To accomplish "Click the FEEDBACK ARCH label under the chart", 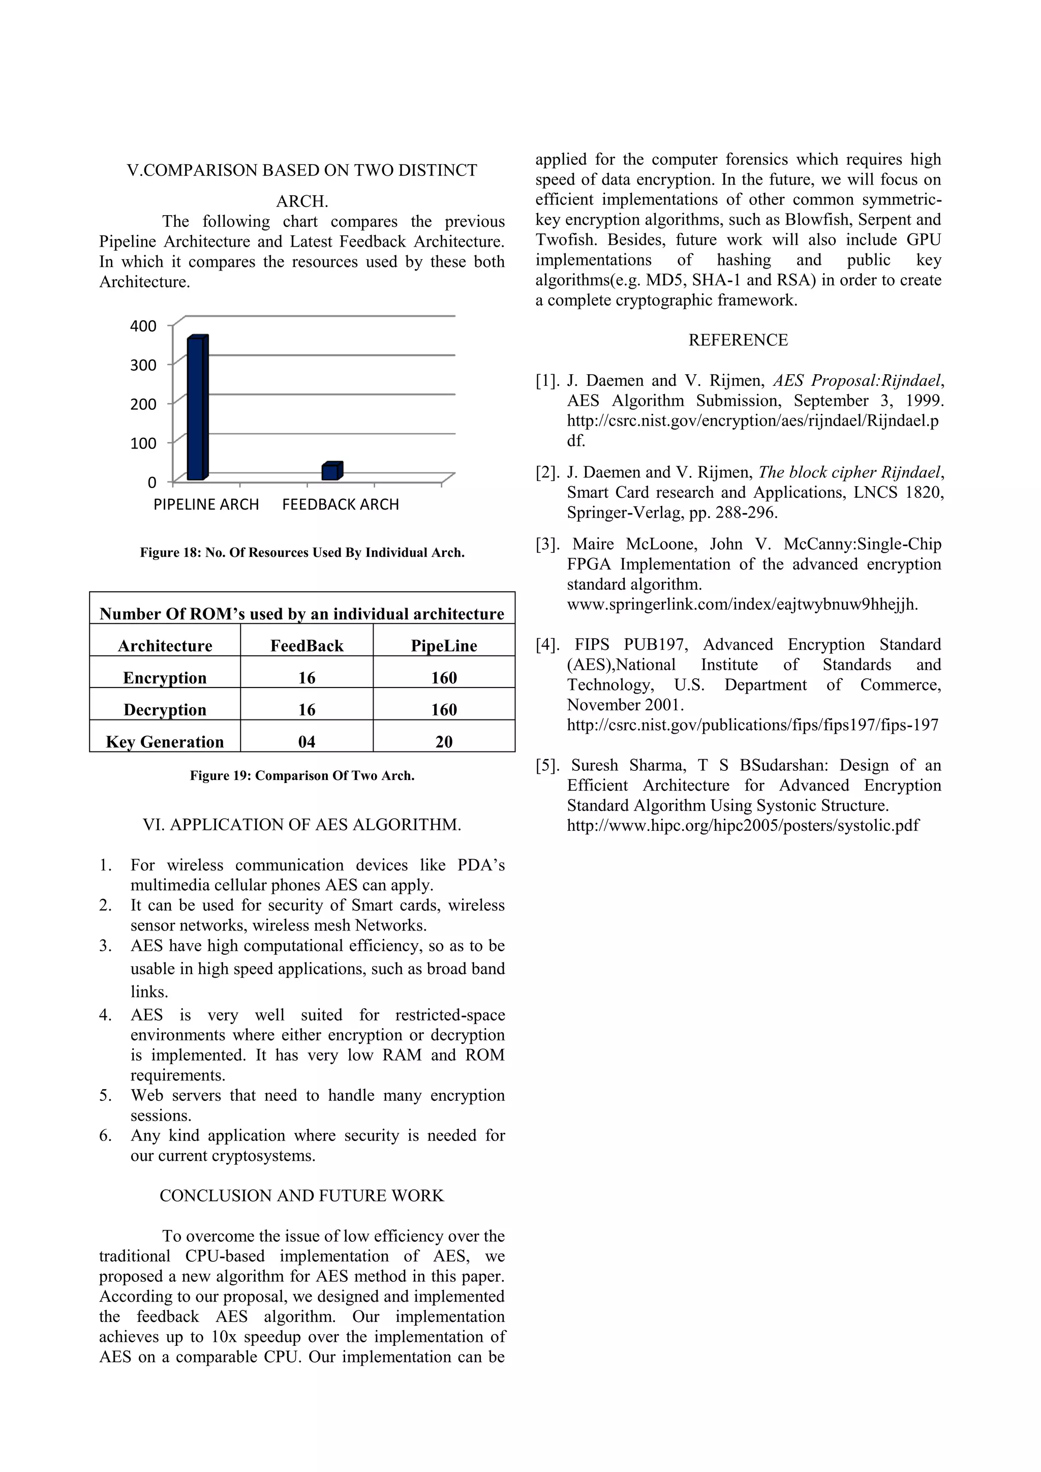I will (341, 504).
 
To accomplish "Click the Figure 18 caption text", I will (302, 553).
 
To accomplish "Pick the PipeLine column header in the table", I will (444, 646).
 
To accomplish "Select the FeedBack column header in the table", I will (307, 646).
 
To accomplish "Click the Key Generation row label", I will (165, 742).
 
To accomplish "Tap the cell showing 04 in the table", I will (307, 742).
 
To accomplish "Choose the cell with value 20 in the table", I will (444, 742).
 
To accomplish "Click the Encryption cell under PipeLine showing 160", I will (444, 678).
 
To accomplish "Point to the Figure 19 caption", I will (302, 776).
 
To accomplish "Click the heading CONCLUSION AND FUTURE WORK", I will (301, 1196).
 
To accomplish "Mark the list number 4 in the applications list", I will (105, 1015).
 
